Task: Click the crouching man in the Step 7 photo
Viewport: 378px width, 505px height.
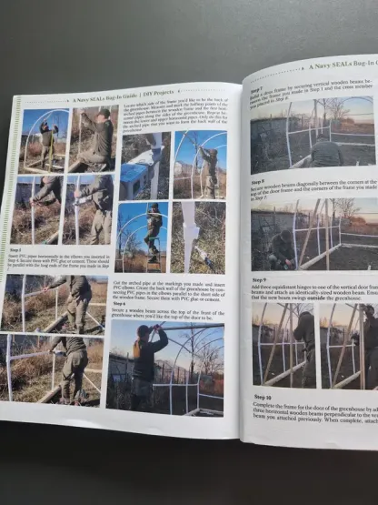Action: click(x=322, y=150)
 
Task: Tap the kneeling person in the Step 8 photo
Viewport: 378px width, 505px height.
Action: click(x=282, y=247)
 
